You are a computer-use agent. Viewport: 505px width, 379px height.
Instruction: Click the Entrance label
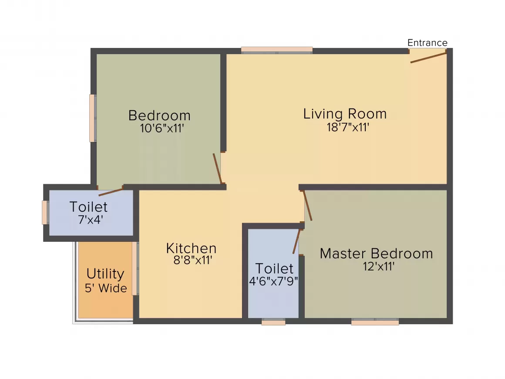(428, 43)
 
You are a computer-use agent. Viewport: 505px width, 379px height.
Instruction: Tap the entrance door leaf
(428, 58)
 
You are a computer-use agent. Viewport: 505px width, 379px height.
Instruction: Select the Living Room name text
(345, 114)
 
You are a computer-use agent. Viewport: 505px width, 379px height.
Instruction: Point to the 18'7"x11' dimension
(348, 127)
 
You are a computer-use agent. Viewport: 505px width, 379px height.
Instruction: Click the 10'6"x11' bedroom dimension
(162, 128)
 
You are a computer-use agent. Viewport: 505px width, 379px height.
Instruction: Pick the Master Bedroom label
(376, 254)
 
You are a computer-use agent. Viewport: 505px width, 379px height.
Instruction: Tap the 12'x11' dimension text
(379, 267)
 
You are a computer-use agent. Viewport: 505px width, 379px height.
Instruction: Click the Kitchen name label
(191, 248)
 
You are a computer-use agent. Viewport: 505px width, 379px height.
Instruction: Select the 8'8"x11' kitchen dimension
(192, 260)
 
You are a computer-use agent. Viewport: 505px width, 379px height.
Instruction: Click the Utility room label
(105, 274)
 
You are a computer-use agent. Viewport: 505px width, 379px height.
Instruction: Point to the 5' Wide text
(106, 288)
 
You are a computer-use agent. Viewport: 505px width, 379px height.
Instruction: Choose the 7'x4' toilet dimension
(91, 220)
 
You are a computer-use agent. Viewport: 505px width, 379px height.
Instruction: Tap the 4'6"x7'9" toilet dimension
(273, 281)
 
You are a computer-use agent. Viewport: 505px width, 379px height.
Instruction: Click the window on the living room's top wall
(276, 50)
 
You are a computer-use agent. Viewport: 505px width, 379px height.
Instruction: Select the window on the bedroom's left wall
(92, 118)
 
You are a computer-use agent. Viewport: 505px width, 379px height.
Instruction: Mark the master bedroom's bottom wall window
(375, 321)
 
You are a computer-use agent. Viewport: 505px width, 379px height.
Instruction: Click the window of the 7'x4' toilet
(45, 213)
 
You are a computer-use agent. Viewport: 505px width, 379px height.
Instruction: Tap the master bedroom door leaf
(307, 206)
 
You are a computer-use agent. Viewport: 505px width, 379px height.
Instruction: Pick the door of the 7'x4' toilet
(111, 193)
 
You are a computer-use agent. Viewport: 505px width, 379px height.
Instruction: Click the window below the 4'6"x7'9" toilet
(273, 321)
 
